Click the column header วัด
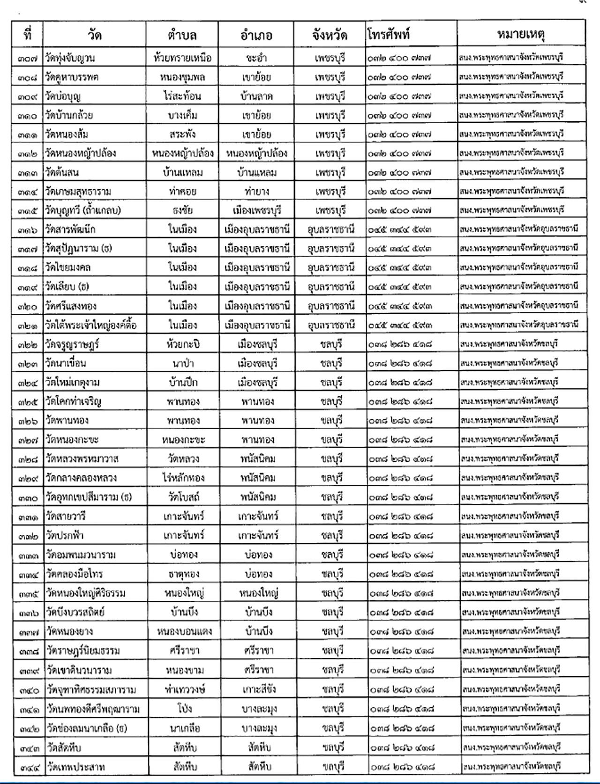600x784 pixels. coord(94,35)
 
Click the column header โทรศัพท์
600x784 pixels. coord(389,34)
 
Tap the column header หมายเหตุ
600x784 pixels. coord(521,34)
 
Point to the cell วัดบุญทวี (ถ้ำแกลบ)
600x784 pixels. coord(83,211)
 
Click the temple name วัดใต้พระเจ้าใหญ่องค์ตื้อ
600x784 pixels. coord(91,325)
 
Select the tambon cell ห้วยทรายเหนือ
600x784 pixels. coord(182,58)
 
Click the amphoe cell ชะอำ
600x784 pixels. coord(256,58)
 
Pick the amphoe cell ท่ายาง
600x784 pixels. coord(257,192)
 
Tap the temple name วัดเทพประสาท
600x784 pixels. coord(75,767)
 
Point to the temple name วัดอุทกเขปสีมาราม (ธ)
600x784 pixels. coord(90,497)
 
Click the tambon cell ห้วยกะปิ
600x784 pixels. coord(183,345)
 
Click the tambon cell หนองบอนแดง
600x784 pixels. coord(184,631)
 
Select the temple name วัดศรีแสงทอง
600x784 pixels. coord(71,306)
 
